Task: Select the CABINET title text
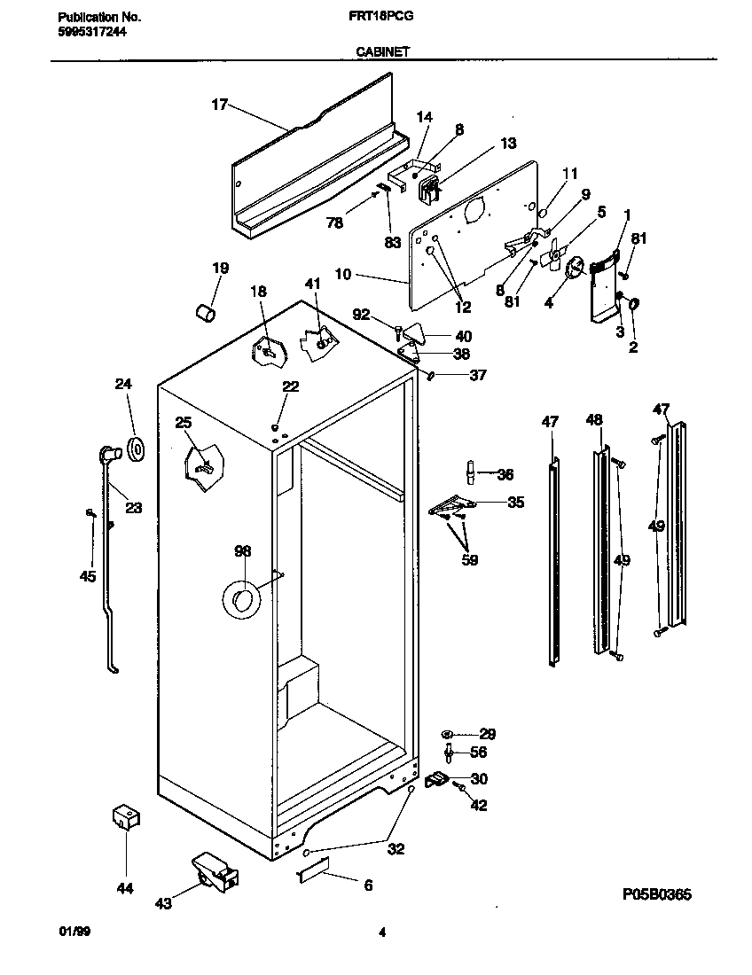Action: point(382,52)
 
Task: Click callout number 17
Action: point(219,105)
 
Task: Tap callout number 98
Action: point(242,551)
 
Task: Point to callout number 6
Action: point(368,885)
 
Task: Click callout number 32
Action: point(396,848)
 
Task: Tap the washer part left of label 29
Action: point(448,734)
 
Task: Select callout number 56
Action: point(478,752)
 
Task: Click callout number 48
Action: point(593,420)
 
